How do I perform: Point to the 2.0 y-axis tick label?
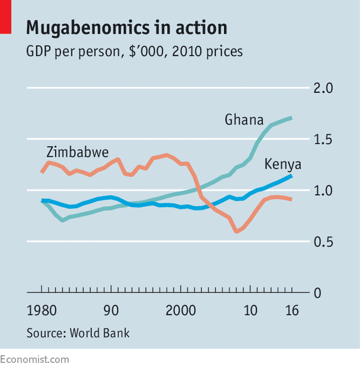point(323,89)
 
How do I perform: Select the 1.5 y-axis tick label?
point(323,140)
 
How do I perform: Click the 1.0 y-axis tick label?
point(323,191)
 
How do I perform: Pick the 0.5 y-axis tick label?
point(323,242)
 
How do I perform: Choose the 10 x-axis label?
point(251,310)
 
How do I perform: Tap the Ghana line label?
point(244,120)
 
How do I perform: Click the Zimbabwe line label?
point(78,152)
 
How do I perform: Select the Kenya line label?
point(283,164)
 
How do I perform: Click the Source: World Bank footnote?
point(78,333)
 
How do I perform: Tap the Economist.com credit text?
point(34,359)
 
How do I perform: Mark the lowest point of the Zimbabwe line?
point(237,231)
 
